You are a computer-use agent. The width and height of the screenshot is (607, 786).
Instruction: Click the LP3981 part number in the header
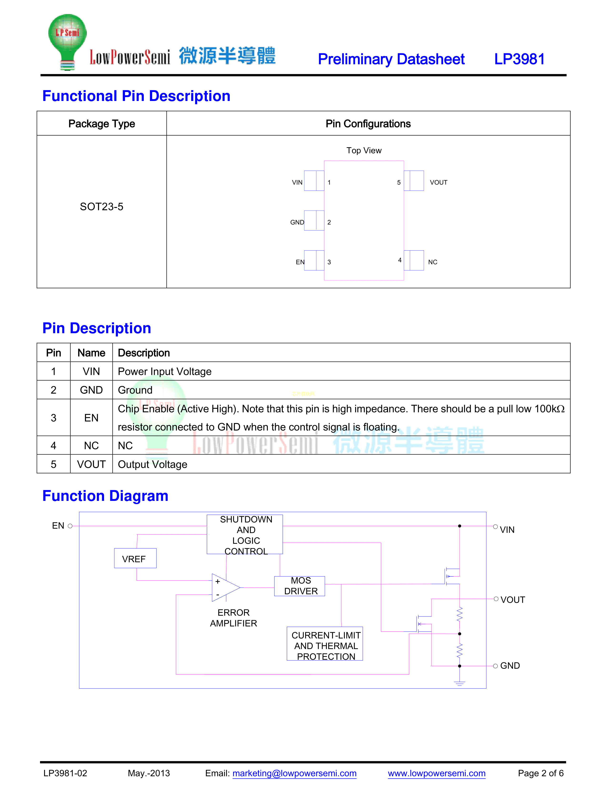click(519, 59)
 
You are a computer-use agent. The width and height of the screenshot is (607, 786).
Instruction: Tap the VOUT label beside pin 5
click(438, 182)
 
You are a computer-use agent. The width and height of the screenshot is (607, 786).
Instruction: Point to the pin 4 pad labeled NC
click(414, 260)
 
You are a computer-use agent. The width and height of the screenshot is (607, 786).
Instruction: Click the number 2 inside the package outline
click(329, 222)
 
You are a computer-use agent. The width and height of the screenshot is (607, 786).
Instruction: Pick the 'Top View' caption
click(363, 151)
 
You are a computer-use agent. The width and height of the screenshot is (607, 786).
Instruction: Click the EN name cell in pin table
click(91, 418)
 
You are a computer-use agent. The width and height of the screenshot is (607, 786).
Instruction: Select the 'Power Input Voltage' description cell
click(165, 371)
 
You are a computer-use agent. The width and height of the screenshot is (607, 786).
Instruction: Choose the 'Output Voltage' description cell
click(153, 464)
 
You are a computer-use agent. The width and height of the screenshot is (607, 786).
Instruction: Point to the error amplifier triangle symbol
click(225, 588)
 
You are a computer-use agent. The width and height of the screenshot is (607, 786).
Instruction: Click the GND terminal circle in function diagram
click(495, 666)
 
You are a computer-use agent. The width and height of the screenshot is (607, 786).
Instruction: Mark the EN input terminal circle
click(70, 526)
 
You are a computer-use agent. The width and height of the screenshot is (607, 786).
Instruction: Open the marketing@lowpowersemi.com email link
click(294, 773)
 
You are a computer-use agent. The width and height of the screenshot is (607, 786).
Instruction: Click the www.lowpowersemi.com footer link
click(437, 773)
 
